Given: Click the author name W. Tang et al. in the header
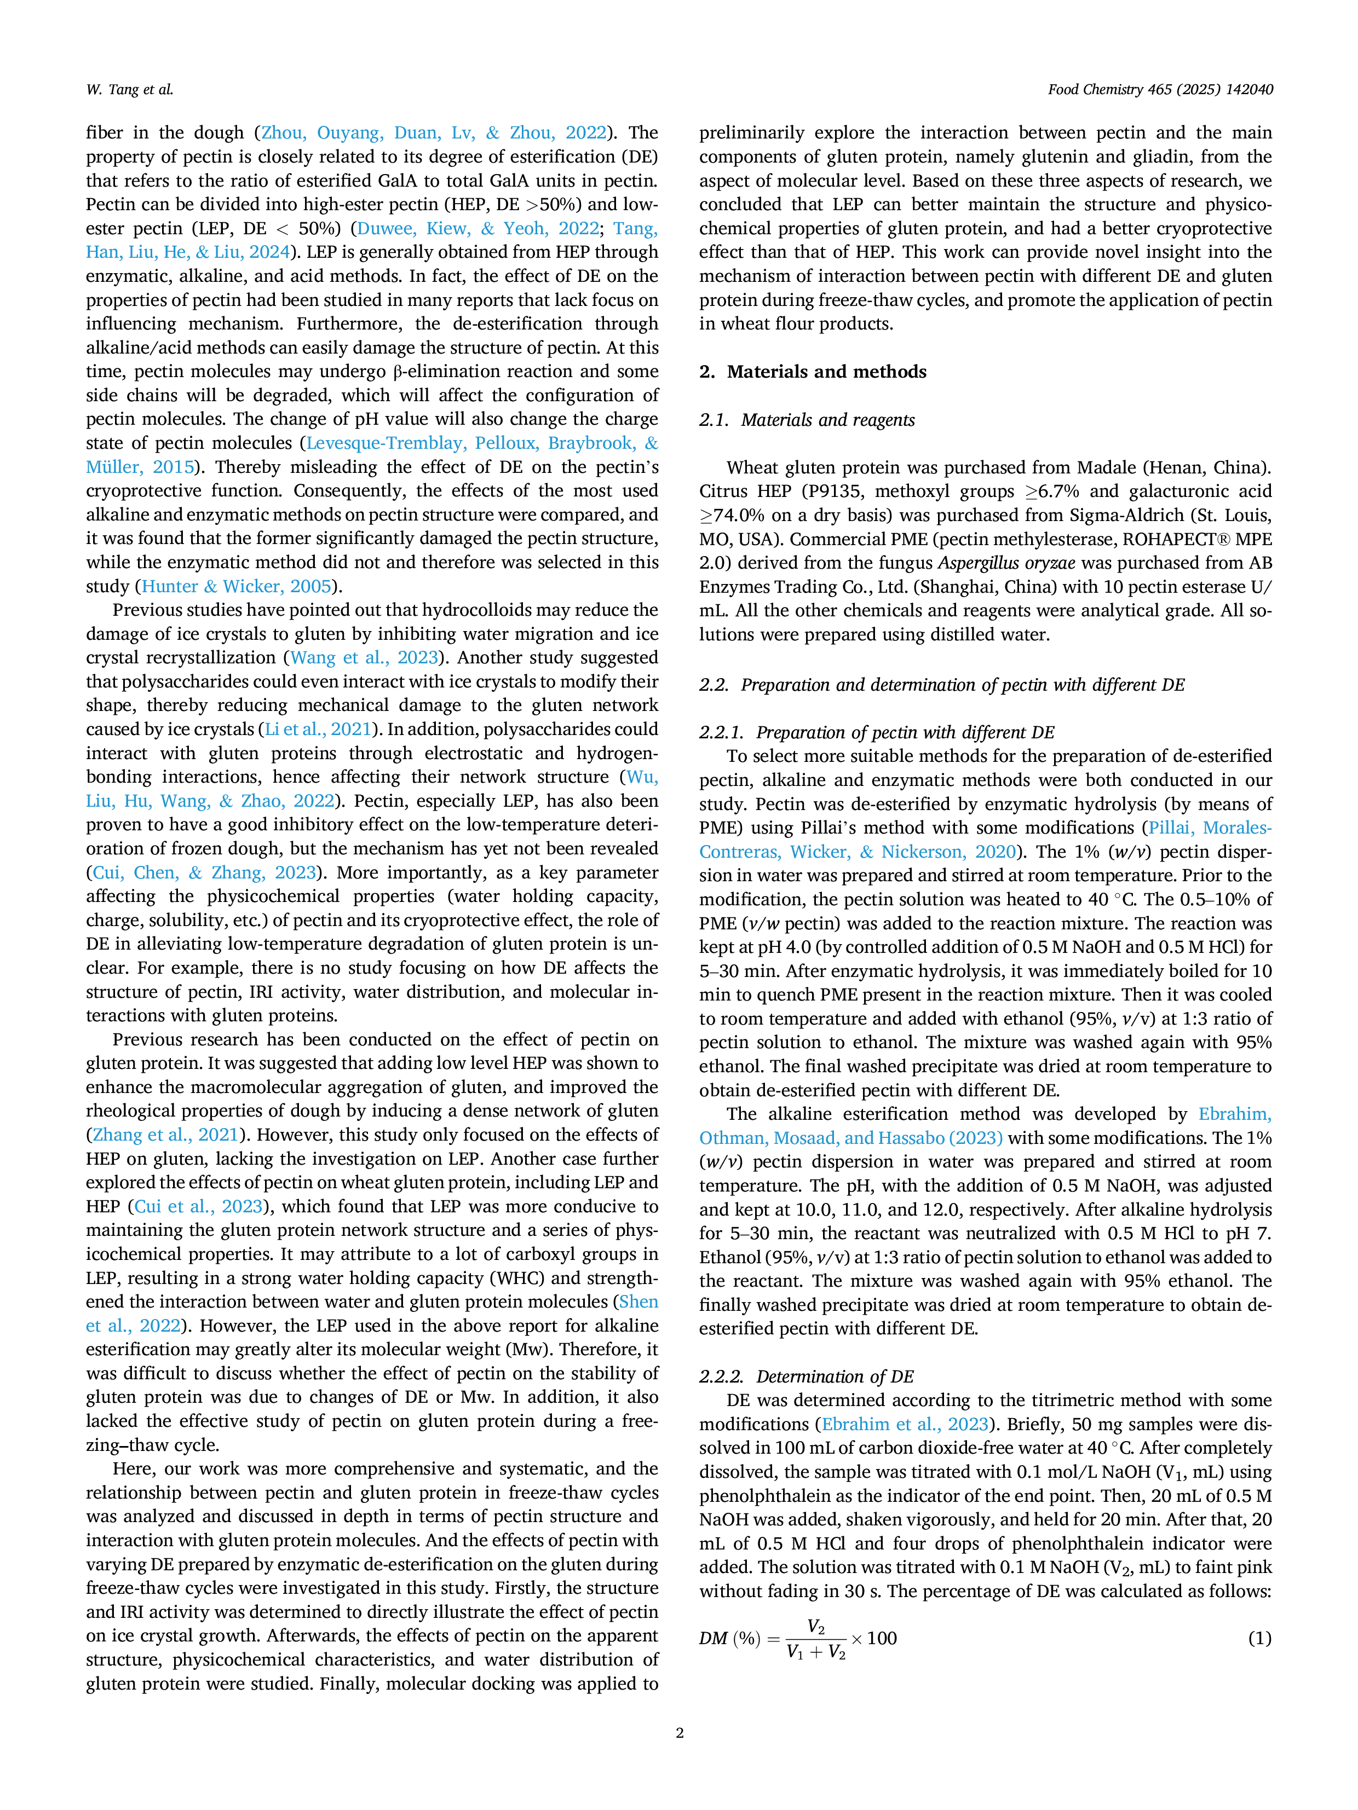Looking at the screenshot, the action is click(129, 90).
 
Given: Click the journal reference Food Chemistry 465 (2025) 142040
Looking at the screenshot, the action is click(1160, 90).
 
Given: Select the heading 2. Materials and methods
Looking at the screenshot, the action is click(813, 372).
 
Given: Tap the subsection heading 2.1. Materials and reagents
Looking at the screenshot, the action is click(807, 420).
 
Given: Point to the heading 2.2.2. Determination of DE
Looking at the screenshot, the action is click(806, 1377).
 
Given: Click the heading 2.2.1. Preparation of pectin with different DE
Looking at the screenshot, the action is click(877, 732).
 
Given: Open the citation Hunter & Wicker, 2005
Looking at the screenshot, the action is click(237, 587).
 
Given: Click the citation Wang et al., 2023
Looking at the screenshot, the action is click(365, 658).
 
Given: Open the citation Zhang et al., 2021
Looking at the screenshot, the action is click(166, 1135).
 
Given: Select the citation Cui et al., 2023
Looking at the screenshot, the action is click(199, 1206).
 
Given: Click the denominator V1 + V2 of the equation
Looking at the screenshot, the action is click(816, 1652).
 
